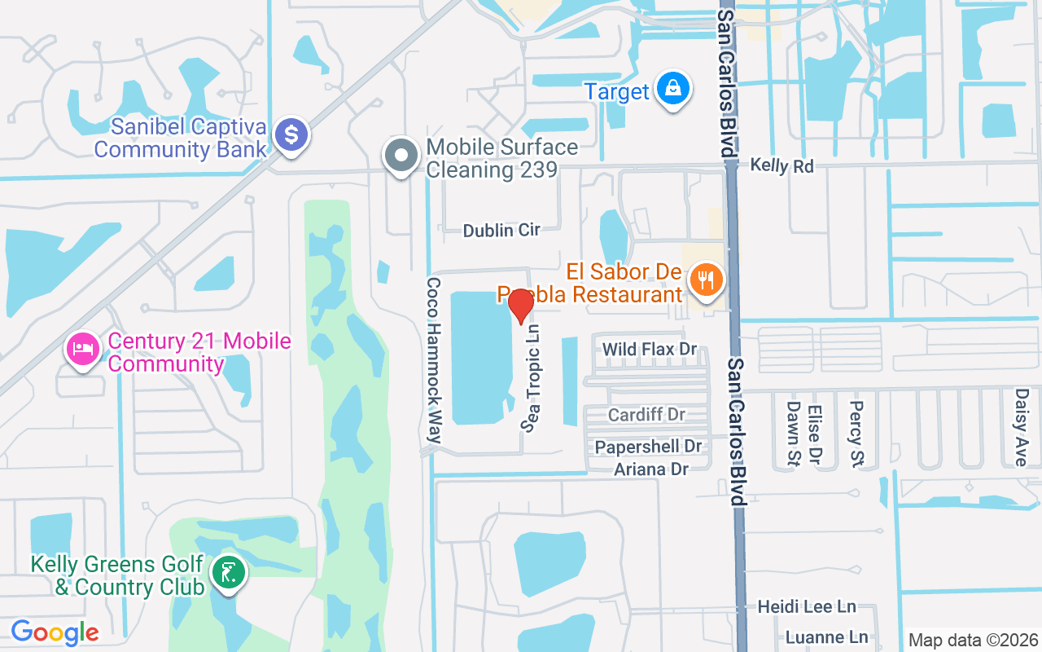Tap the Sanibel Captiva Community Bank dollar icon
(291, 134)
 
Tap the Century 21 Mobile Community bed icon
(83, 350)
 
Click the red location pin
(520, 306)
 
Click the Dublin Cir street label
(501, 231)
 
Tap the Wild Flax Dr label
(650, 349)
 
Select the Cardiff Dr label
(647, 415)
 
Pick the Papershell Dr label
(648, 447)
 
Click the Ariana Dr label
(651, 469)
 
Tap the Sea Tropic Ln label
(532, 377)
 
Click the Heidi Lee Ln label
(807, 606)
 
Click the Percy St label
(856, 423)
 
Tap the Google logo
(55, 632)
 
